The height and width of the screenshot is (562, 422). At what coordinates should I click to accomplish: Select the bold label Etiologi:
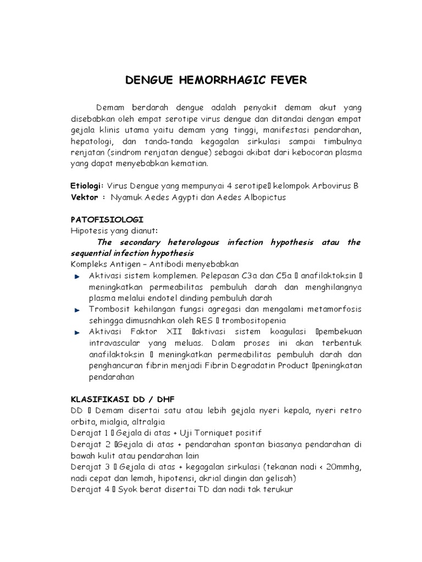click(x=87, y=186)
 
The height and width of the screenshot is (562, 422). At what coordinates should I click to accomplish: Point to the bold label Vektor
click(x=85, y=197)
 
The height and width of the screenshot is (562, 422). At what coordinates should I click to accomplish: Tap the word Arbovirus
click(x=329, y=186)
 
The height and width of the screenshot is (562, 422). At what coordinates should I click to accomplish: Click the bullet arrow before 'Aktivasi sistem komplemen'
click(x=77, y=275)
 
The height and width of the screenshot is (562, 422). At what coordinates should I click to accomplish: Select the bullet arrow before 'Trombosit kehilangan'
click(x=77, y=310)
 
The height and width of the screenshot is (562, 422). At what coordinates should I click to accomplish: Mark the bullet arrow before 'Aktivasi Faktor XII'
click(x=77, y=333)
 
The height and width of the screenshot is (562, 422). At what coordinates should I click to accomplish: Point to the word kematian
click(x=195, y=164)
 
